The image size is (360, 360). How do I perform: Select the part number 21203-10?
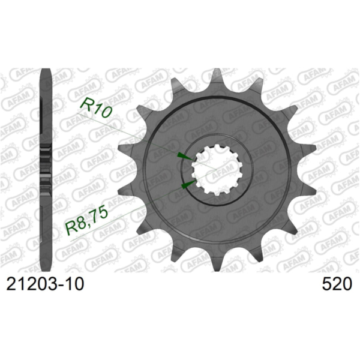pos(45,283)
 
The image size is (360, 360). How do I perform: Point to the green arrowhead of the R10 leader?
pos(182,155)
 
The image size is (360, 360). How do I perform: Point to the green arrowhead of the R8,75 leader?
pos(188,183)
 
